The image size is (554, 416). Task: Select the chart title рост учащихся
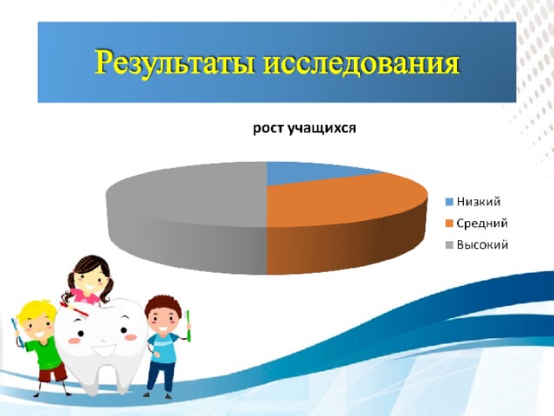305,128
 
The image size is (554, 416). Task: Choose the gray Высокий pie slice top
187,194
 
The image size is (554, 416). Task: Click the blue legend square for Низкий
449,202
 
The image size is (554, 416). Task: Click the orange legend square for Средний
449,224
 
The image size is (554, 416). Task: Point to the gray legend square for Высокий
449,245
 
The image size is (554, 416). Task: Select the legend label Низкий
479,202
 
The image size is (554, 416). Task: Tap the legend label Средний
482,224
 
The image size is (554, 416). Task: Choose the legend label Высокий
482,244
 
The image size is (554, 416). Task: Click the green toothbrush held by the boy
189,326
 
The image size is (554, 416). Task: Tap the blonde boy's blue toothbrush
17,332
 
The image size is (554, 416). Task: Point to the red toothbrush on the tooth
74,309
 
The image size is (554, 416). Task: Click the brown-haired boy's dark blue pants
161,375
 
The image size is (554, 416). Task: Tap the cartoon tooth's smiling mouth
103,350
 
